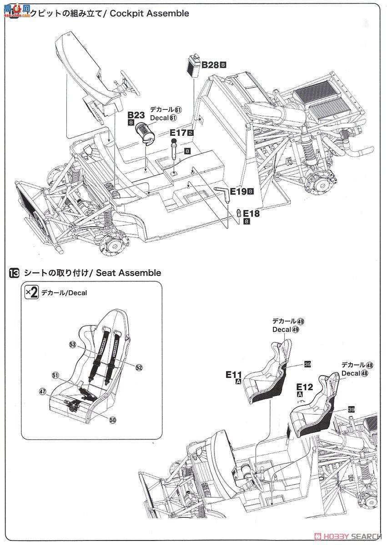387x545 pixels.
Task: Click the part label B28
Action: (x=210, y=65)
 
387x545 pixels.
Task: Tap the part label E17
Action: (x=178, y=133)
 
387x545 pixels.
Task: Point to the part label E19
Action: (x=238, y=192)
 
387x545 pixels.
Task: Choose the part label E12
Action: (x=305, y=387)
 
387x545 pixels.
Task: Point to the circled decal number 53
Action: (x=73, y=345)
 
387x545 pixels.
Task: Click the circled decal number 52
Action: (x=139, y=367)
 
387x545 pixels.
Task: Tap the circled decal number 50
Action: (x=112, y=420)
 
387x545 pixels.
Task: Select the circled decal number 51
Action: (x=55, y=375)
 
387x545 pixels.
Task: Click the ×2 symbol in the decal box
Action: (x=31, y=292)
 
